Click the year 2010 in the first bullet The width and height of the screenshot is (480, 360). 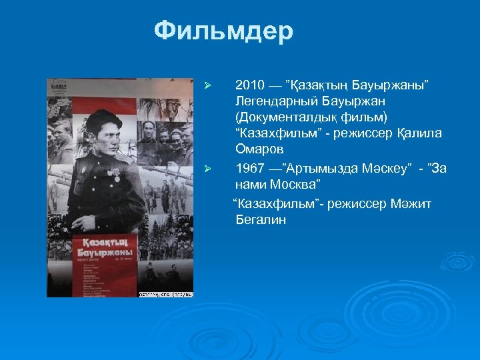coord(250,86)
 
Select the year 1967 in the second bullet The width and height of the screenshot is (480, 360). coord(250,168)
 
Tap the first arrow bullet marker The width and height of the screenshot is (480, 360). coord(207,87)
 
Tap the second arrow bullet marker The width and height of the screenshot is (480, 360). coord(207,169)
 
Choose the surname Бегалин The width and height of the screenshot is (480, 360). coord(261,219)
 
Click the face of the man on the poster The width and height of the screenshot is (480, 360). coord(103,131)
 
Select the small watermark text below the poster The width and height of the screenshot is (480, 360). coord(165,294)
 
